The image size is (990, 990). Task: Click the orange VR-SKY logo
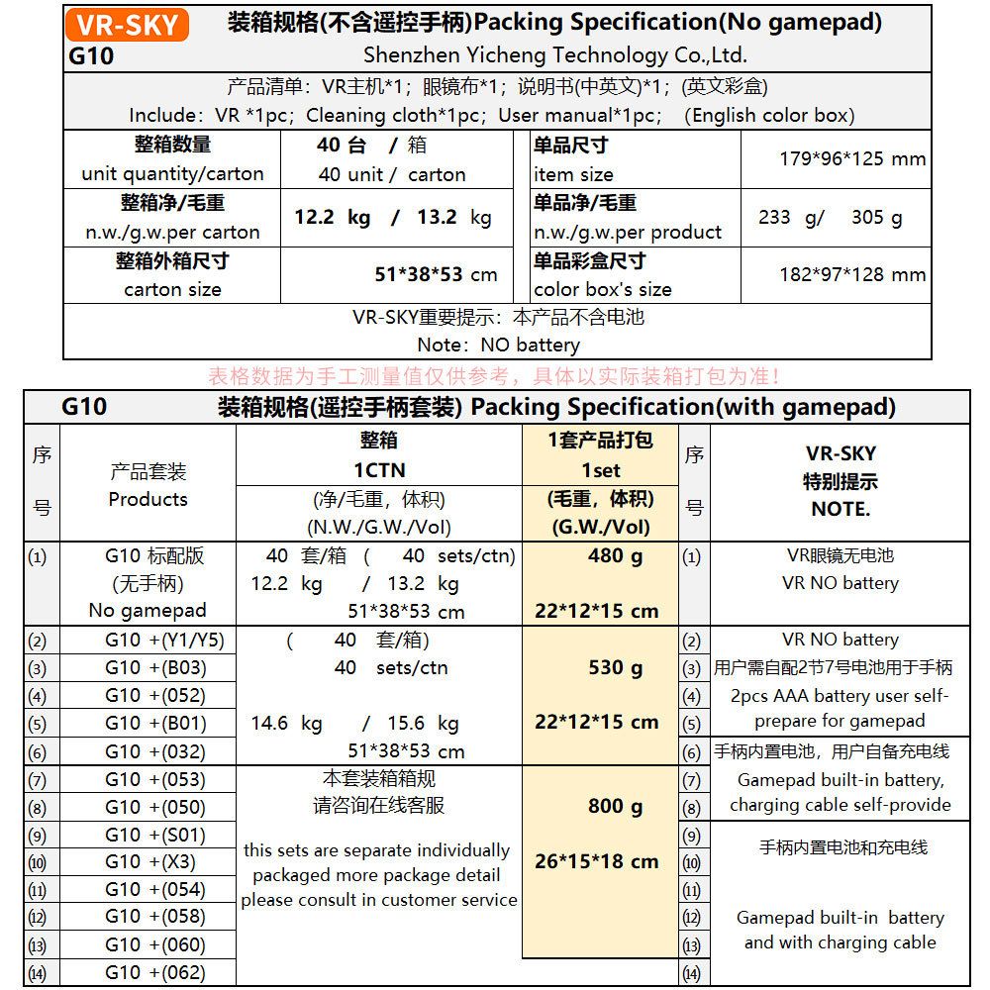[126, 24]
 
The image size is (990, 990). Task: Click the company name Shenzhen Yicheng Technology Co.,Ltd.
[554, 55]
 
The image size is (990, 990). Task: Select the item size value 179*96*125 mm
[852, 158]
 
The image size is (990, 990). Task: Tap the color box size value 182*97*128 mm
[852, 274]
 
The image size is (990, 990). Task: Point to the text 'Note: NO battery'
[498, 345]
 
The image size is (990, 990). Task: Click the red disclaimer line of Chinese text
[495, 376]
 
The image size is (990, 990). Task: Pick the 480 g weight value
[615, 555]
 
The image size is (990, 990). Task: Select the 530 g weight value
[615, 667]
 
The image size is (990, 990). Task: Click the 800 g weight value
[615, 806]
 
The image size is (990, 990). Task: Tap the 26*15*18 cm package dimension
[596, 861]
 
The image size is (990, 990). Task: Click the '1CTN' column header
[379, 470]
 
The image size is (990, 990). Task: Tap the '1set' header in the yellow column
[600, 470]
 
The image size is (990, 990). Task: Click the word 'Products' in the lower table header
[148, 499]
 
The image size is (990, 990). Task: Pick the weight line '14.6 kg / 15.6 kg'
[354, 723]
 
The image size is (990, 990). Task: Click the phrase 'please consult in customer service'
[379, 900]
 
